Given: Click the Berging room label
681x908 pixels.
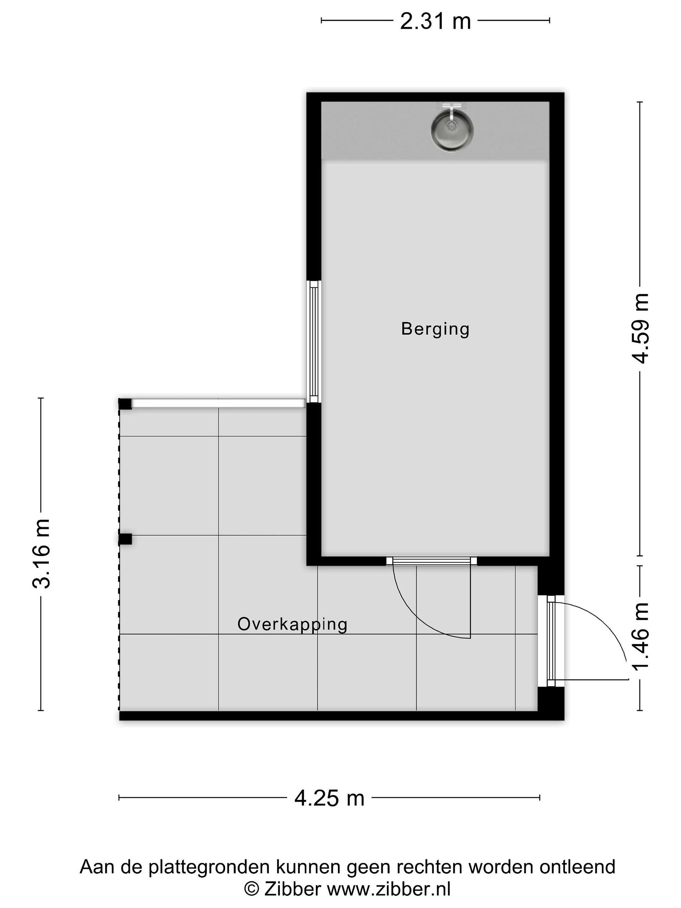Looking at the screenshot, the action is coord(435,329).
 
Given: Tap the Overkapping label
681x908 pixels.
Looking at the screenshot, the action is coord(292,624).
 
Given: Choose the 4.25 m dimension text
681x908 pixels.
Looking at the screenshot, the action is coord(329,798).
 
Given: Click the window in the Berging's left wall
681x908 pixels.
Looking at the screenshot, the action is coord(314,341).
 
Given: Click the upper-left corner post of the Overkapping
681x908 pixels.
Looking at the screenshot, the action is coord(125,404).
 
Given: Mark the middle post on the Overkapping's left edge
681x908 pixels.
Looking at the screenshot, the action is coord(125,539).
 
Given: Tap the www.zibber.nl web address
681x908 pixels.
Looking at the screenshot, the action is coord(388,889).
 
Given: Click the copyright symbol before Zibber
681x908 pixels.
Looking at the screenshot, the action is coord(252,889).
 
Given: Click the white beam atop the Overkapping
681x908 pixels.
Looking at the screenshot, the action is coord(218,403).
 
